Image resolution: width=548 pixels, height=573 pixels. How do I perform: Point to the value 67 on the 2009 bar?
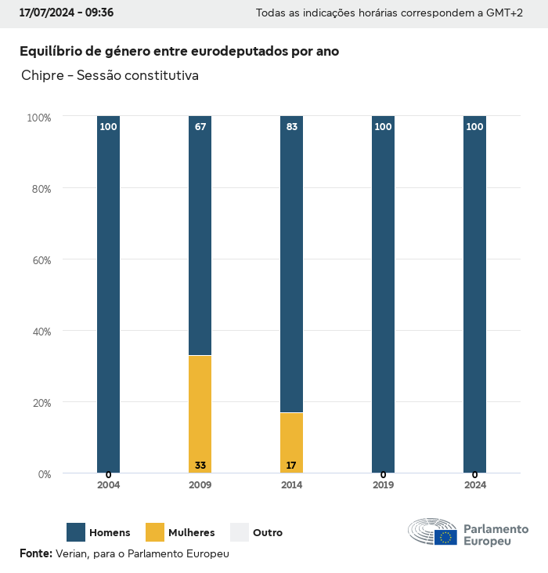point(200,127)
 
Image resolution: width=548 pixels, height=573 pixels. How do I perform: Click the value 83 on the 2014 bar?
point(292,127)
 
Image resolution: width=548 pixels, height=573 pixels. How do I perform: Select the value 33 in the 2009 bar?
point(200,466)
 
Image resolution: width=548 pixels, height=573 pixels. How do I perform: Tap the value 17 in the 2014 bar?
point(291,466)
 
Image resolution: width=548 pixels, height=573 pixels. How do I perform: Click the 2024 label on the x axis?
point(474,485)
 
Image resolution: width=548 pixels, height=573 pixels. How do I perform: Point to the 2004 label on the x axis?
point(108,485)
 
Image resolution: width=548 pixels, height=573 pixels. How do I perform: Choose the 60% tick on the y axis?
point(39,260)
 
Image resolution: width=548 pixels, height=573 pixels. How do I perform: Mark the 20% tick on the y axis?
point(39,403)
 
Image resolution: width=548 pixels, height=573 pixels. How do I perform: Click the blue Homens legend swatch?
point(76,532)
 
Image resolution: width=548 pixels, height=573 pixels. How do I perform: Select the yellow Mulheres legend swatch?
point(154,532)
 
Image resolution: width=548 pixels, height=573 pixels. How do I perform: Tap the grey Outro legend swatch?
point(239,532)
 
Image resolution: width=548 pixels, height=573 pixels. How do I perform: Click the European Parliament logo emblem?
point(432,532)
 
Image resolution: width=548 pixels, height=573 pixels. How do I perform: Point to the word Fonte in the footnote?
point(35,553)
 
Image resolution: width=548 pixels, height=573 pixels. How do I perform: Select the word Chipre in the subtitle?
point(42,76)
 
